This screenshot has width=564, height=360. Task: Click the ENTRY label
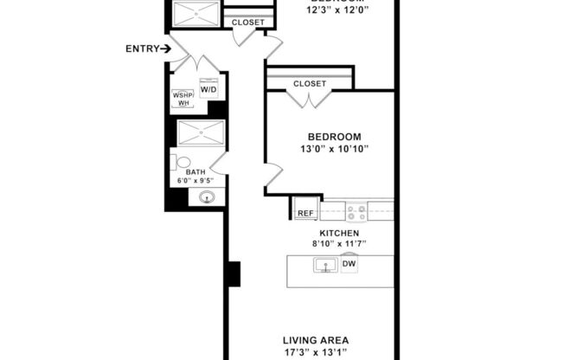click(x=140, y=48)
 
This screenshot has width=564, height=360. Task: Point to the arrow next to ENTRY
click(x=164, y=48)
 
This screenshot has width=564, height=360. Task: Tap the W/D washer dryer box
click(x=208, y=89)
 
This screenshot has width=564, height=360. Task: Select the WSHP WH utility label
click(x=183, y=99)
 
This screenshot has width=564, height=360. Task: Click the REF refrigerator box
click(x=305, y=212)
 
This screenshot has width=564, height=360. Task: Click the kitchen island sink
click(x=325, y=265)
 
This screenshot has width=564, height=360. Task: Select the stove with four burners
click(x=356, y=211)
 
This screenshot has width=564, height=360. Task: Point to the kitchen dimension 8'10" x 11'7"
click(x=339, y=244)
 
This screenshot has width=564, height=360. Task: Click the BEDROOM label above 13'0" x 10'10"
click(x=334, y=137)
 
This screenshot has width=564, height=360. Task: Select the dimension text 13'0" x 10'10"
click(x=334, y=149)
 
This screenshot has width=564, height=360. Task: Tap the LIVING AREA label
click(x=315, y=340)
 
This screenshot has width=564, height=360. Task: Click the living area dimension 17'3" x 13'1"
click(x=315, y=353)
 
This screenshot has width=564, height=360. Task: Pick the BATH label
click(x=195, y=171)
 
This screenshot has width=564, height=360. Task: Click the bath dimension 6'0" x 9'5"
click(x=195, y=181)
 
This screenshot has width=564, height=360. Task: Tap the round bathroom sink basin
click(x=207, y=198)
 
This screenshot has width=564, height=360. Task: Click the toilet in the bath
click(x=182, y=162)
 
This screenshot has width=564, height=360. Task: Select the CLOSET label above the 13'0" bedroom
click(x=310, y=84)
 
